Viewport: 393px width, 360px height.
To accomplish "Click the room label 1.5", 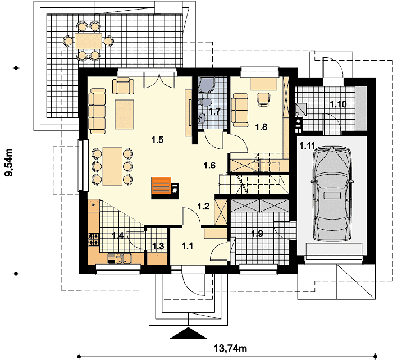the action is click(x=157, y=139).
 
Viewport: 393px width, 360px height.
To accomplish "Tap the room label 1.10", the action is click(x=338, y=104).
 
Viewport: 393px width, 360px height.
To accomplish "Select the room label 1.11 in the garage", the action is click(x=307, y=145).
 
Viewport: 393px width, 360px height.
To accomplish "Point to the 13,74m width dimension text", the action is click(x=230, y=348).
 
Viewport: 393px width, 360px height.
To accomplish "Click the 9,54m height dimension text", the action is click(x=10, y=162).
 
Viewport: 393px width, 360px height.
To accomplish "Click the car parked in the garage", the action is click(x=332, y=194).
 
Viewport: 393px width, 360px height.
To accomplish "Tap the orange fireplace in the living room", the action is click(x=161, y=186).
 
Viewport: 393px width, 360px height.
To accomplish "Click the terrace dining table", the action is click(x=89, y=41).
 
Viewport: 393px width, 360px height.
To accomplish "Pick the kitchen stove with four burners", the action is click(x=94, y=239).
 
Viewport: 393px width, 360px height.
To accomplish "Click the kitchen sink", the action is click(x=120, y=259).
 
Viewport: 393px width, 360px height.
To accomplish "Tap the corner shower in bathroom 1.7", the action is click(x=205, y=84).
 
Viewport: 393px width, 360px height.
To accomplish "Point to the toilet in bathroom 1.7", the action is click(x=204, y=102).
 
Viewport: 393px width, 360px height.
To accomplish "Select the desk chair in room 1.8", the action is click(x=264, y=99).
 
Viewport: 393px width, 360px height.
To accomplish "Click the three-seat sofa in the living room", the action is click(x=97, y=111).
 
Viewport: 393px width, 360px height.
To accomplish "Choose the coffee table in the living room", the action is click(x=124, y=115).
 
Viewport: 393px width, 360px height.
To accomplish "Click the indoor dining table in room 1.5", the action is click(x=112, y=166).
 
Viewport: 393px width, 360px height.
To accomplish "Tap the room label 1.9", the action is click(x=257, y=234).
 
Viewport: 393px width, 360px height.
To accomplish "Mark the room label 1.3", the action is click(x=158, y=246).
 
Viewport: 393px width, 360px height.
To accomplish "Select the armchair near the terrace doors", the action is click(x=123, y=85).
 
